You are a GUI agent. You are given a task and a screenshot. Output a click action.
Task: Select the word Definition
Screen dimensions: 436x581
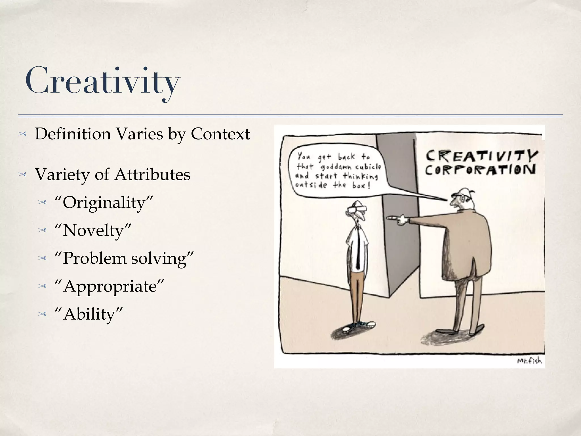click(73, 134)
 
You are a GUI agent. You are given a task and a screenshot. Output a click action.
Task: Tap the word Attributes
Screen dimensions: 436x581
click(152, 174)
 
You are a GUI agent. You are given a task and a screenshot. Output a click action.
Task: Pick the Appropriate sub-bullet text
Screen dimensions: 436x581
click(110, 286)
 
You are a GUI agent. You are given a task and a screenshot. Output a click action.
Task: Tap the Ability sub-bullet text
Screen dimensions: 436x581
click(89, 314)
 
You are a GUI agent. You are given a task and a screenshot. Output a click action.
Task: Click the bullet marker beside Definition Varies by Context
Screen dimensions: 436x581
click(22, 134)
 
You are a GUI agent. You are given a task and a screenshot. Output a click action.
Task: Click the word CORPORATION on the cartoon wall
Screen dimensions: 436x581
click(480, 170)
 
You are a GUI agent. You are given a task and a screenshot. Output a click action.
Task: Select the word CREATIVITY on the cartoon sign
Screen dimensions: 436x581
click(482, 156)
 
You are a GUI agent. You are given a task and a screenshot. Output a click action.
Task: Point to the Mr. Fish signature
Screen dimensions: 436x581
click(529, 361)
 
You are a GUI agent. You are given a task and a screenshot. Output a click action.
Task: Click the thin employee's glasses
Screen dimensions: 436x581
click(357, 209)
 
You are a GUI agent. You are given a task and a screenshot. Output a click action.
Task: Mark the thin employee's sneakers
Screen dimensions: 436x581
click(359, 327)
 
